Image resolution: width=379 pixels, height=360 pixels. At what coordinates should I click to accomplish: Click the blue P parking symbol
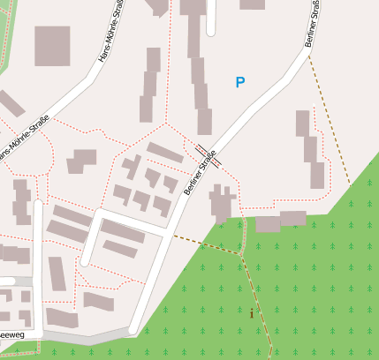[x=239, y=83]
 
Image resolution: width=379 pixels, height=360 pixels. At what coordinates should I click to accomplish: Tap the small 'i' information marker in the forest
[x=252, y=312]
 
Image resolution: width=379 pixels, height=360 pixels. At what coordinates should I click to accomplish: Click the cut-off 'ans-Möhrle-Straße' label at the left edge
[x=24, y=139]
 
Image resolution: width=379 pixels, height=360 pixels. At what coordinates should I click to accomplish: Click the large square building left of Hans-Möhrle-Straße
[x=52, y=46]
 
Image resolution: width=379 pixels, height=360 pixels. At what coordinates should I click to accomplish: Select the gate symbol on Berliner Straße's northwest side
[x=201, y=149]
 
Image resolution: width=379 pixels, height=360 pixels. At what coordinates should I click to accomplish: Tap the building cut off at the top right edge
[x=252, y=4]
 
